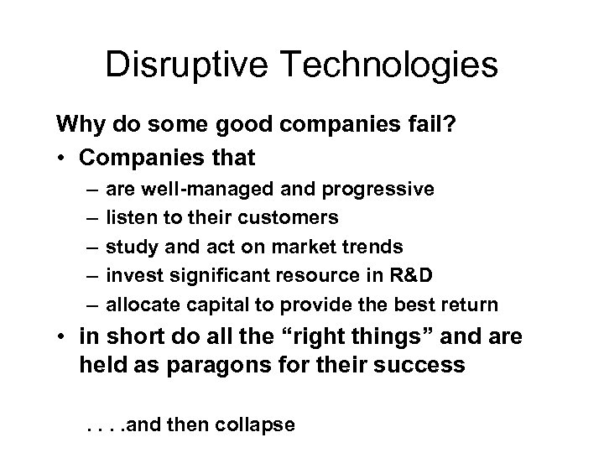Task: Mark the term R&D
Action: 414,275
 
